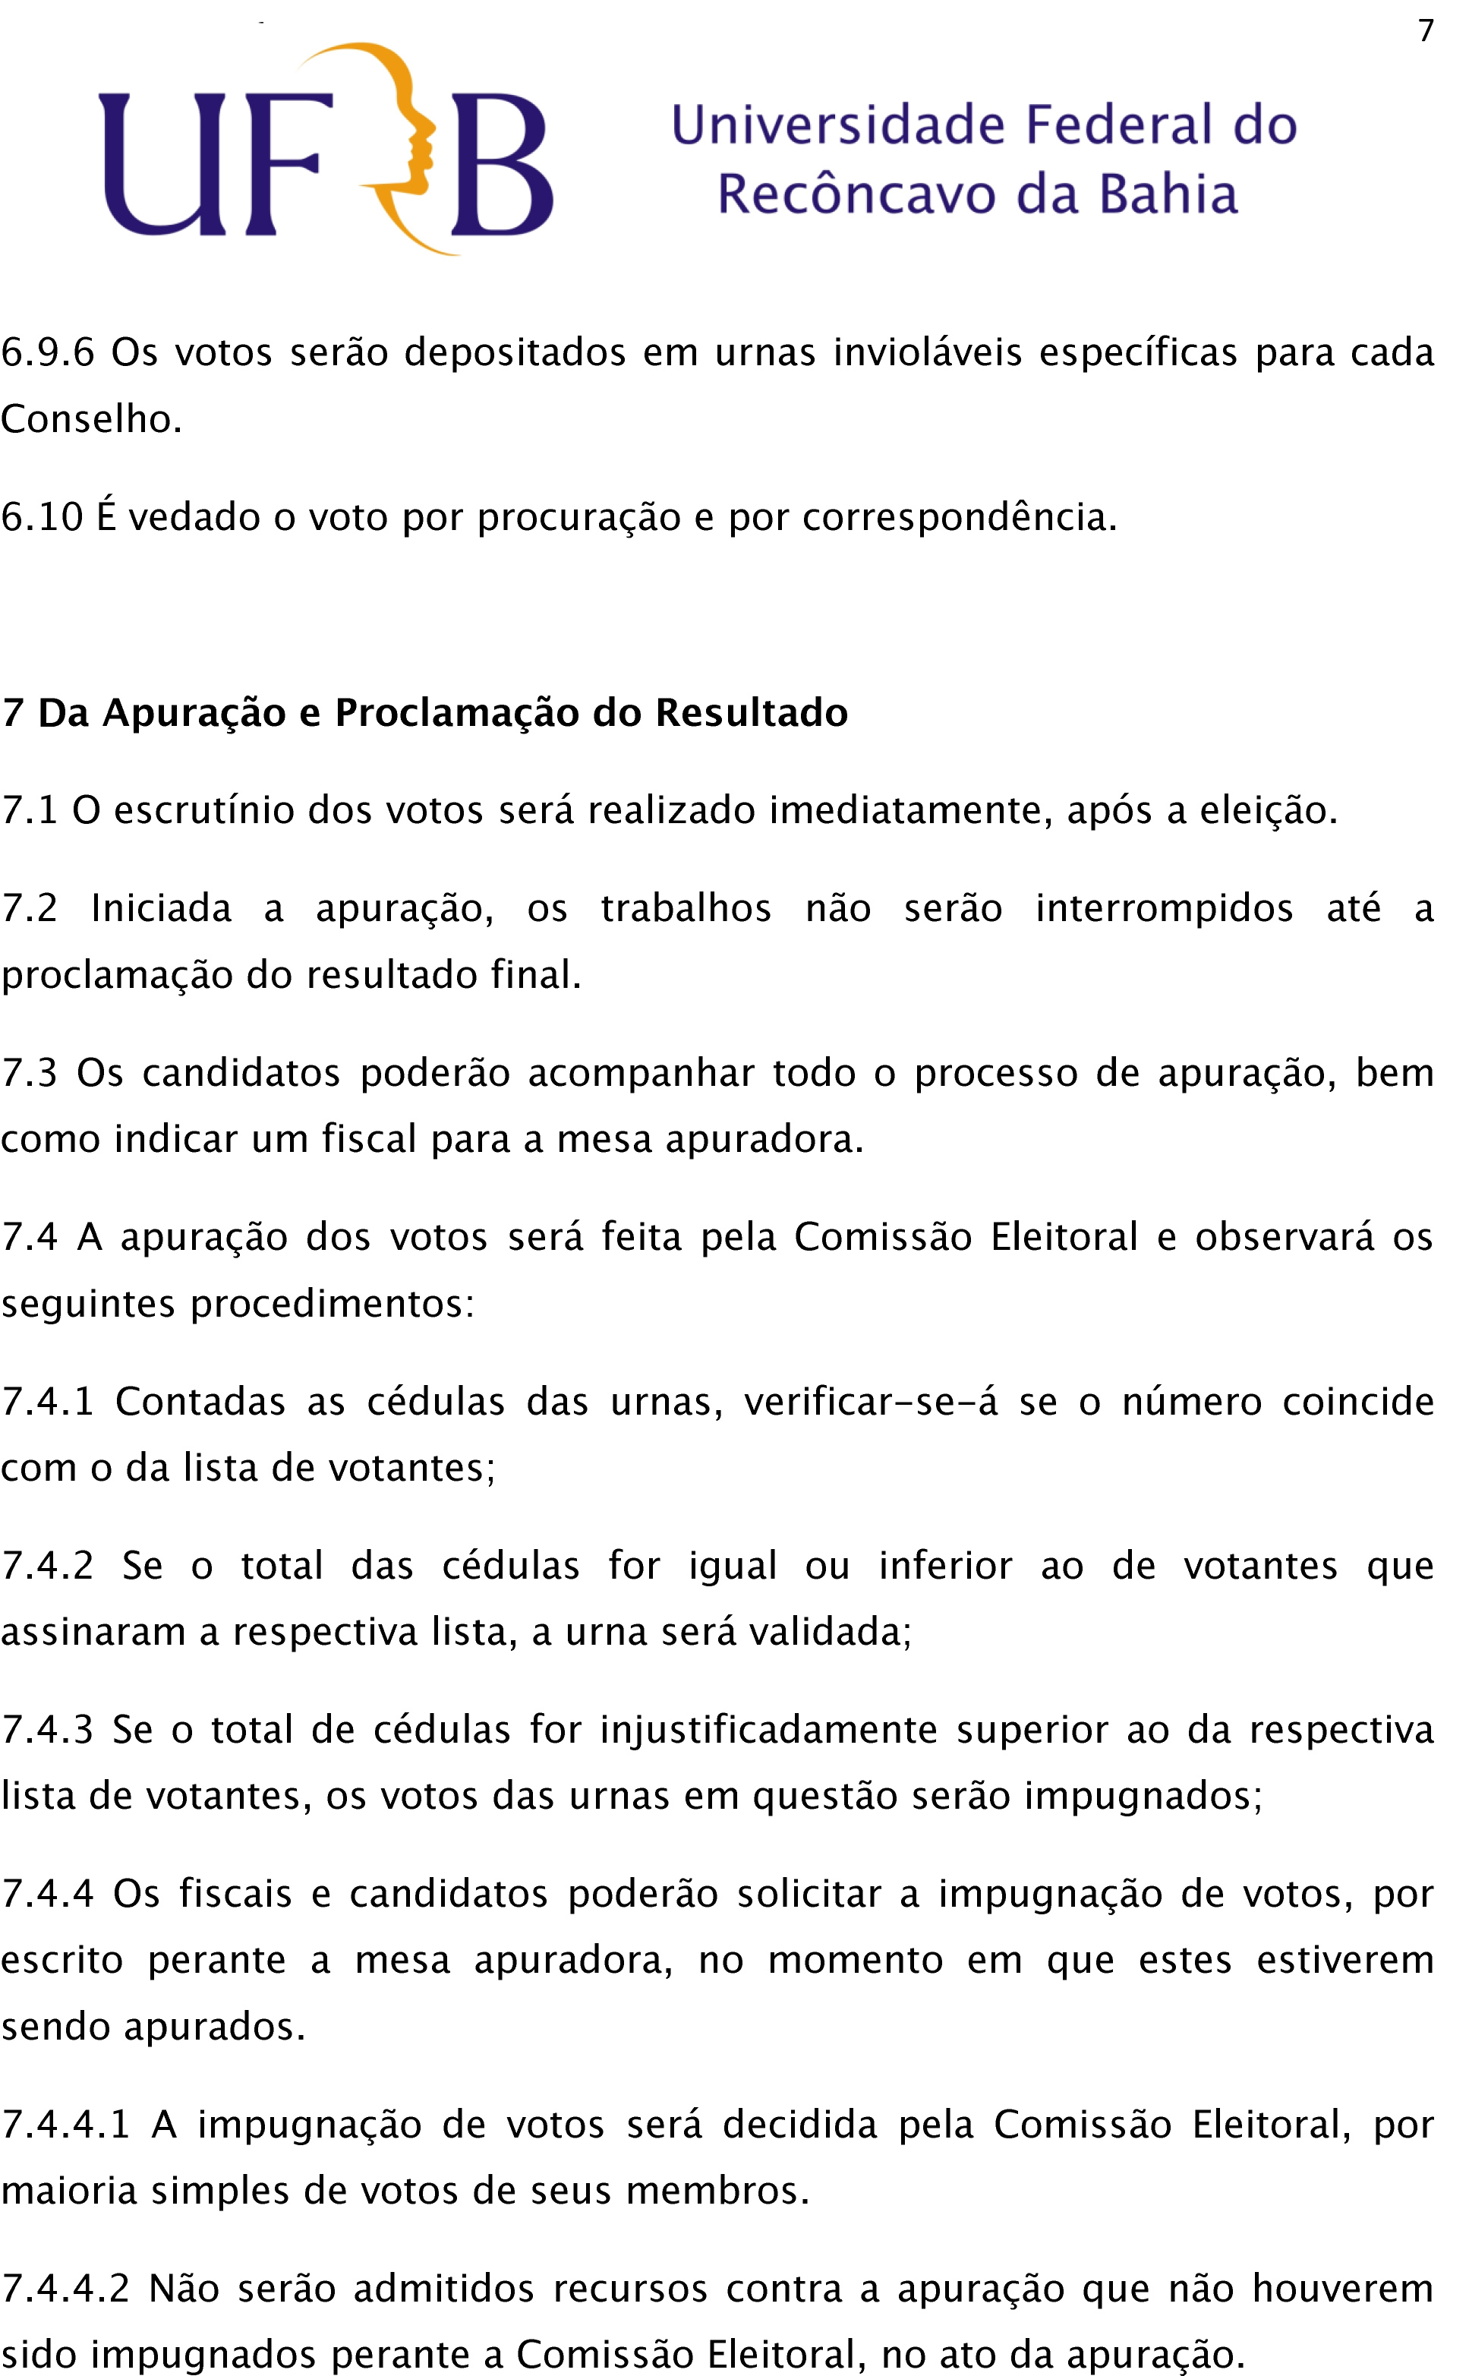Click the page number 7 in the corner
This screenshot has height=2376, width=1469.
pos(1425,32)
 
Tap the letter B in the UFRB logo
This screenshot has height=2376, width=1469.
pos(503,166)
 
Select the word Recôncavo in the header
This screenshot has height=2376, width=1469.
pos(856,194)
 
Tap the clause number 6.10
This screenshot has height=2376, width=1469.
pos(42,517)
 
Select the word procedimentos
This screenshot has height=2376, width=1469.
pos(331,1303)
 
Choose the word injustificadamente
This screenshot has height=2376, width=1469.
pos(768,1731)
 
